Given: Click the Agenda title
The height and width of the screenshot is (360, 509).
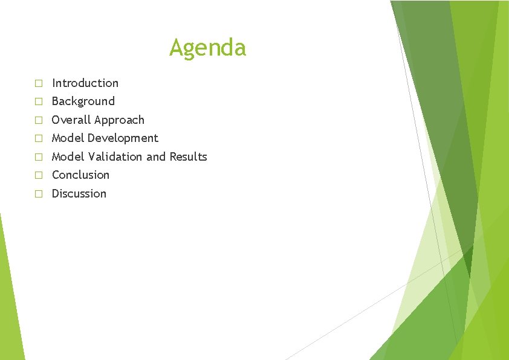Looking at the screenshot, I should (x=207, y=47).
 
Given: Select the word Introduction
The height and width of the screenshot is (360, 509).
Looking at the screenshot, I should (x=85, y=83).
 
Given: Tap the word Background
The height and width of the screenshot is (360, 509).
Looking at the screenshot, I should (x=83, y=101).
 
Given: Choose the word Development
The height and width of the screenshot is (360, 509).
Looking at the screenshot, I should (x=123, y=138).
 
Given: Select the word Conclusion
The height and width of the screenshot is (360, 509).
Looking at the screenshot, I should (x=80, y=175).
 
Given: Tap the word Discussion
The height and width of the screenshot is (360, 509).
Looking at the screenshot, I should (x=79, y=193).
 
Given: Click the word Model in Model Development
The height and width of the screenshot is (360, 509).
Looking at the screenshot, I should (x=68, y=138).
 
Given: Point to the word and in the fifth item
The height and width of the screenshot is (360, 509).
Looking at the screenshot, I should (x=155, y=156).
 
